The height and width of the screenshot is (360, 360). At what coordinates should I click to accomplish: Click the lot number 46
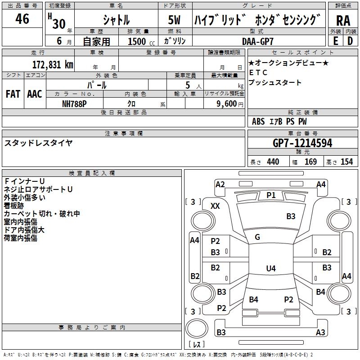(x=22, y=19)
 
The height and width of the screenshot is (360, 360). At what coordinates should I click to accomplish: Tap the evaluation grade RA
(x=343, y=21)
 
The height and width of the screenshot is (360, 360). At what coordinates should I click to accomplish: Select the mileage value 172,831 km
(x=53, y=64)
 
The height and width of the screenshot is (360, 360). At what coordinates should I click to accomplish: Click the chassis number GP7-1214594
(x=302, y=143)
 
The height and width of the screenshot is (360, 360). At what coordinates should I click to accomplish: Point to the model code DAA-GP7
(x=257, y=41)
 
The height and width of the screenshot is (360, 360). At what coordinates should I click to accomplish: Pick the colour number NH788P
(x=75, y=103)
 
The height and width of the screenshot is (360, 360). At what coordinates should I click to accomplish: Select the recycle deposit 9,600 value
(x=226, y=103)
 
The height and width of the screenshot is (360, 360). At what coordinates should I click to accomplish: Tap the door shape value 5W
(x=175, y=20)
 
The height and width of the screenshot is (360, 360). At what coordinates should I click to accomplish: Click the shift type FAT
(x=13, y=94)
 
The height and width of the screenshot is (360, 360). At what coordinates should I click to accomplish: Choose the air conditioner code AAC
(x=34, y=94)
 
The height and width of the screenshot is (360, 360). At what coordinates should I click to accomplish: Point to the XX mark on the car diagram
(x=216, y=206)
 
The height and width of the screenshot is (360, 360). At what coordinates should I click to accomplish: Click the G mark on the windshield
(x=257, y=237)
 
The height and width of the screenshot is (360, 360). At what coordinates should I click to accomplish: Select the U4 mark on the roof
(x=270, y=269)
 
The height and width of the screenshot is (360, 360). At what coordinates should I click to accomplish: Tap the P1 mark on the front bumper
(x=271, y=195)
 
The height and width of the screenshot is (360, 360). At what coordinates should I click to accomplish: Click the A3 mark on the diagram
(x=320, y=333)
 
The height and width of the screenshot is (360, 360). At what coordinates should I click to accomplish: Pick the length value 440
(x=273, y=162)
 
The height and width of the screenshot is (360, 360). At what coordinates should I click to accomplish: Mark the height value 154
(x=346, y=162)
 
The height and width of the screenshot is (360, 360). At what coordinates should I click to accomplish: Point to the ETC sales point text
(x=258, y=72)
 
